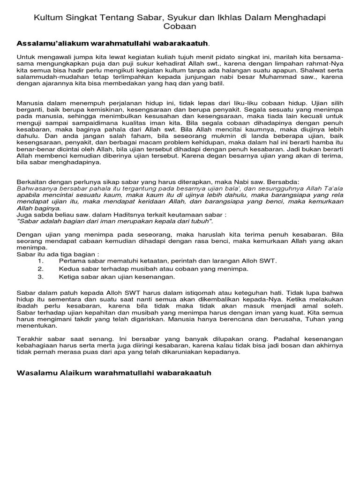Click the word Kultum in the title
[47, 17]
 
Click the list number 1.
[41, 260]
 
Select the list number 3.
[41, 277]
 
